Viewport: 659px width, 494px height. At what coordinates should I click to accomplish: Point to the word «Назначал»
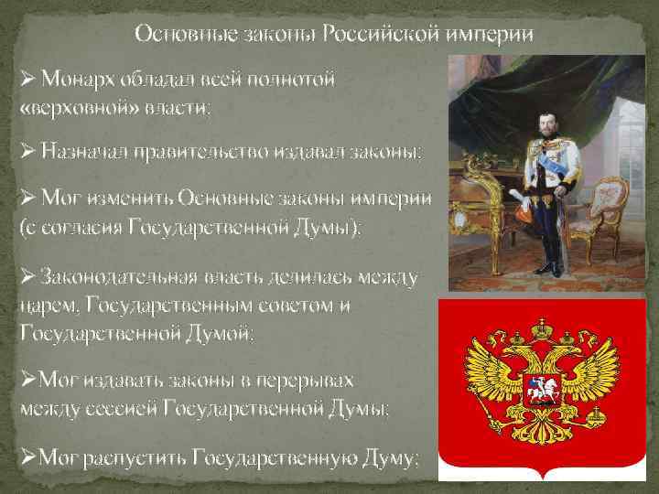tap(92, 151)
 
